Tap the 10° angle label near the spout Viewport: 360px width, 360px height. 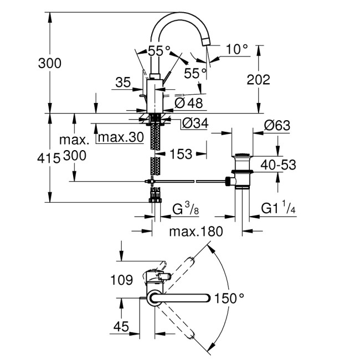[x=237, y=49]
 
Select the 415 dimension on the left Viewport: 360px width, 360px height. [x=49, y=158]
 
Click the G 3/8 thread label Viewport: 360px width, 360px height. [x=186, y=209]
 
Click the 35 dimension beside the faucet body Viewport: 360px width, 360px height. [x=123, y=83]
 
